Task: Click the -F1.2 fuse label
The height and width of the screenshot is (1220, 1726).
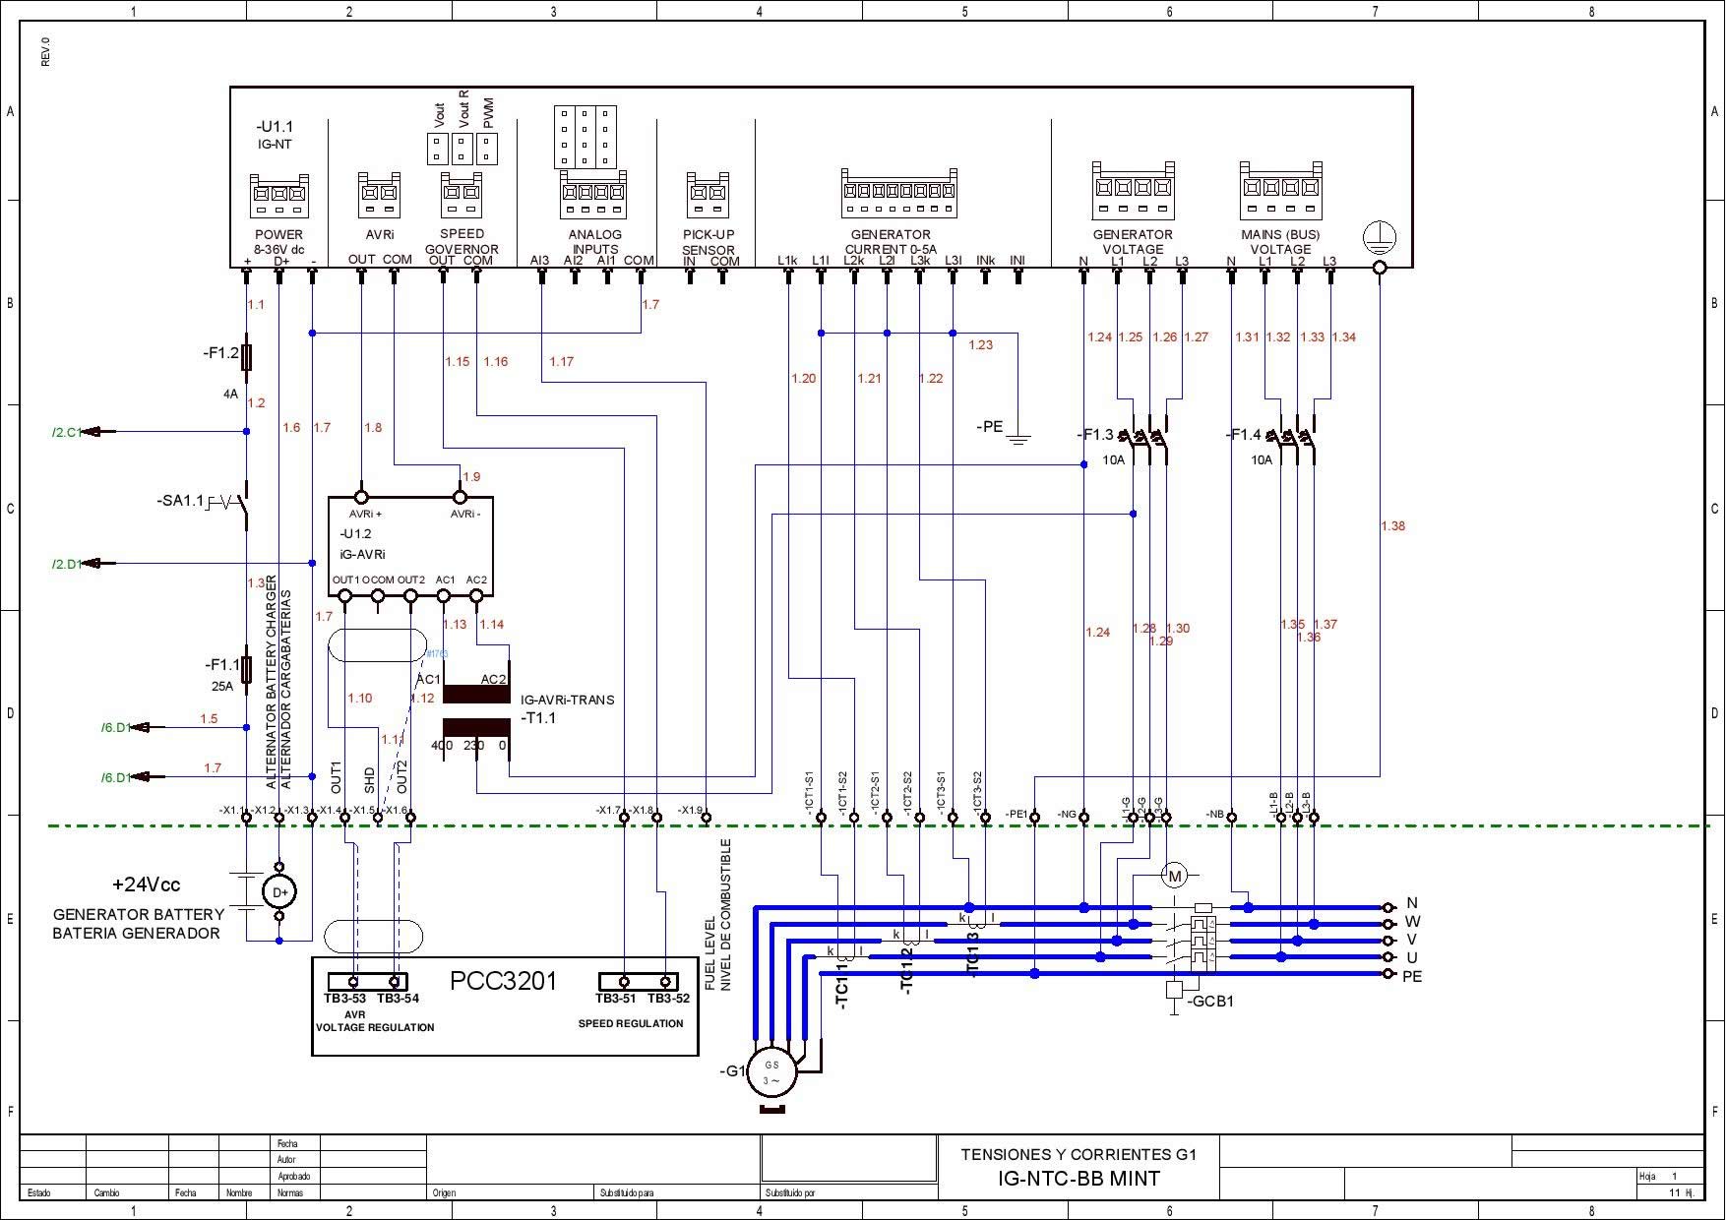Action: pos(220,352)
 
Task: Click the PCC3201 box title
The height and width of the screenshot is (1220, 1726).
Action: pos(503,981)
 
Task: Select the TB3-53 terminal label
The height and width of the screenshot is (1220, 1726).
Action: pos(344,999)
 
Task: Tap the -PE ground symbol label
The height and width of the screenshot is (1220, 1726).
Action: pos(989,427)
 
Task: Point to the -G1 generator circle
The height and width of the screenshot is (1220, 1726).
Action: pos(771,1072)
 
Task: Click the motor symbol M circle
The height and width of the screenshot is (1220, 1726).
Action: pos(1174,876)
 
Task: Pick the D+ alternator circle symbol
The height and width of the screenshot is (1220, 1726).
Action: pos(279,891)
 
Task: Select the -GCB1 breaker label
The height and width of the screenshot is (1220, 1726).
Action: pos(1209,1002)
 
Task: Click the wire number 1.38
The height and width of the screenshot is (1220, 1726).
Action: pos(1392,526)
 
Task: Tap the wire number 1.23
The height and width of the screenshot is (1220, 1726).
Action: pos(980,345)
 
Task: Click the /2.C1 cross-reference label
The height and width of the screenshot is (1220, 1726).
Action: pos(67,432)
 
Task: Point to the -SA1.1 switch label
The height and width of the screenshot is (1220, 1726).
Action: pos(180,501)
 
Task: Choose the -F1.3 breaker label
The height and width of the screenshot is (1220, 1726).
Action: pos(1095,435)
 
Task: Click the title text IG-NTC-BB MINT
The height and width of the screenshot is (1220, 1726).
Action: pos(1079,1179)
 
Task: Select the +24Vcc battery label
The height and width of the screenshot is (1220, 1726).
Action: pos(146,884)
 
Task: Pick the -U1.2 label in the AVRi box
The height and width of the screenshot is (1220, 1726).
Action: pos(355,534)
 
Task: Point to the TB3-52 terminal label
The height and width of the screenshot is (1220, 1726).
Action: pos(668,999)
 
